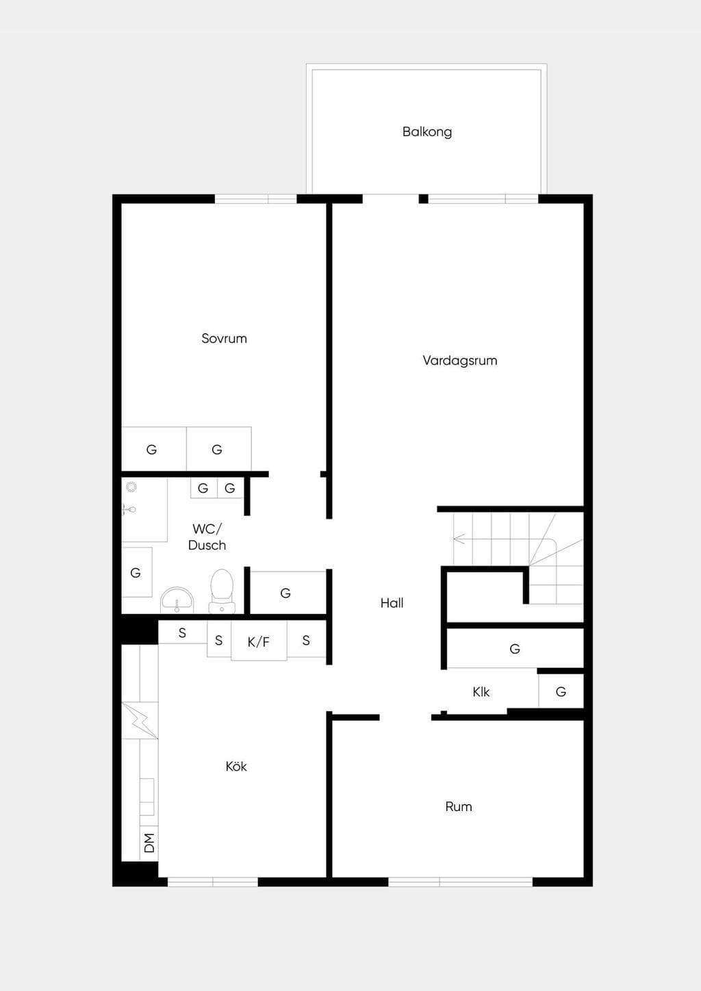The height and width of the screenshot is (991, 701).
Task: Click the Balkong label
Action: (x=427, y=132)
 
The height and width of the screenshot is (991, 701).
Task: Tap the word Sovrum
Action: (x=224, y=339)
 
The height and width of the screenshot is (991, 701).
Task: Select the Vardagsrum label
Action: (x=460, y=361)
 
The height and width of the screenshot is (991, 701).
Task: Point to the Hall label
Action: (x=392, y=603)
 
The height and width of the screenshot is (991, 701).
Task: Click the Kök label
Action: (x=236, y=767)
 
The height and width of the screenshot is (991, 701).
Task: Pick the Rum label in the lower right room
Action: (x=459, y=806)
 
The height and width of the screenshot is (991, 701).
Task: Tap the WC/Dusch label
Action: (x=207, y=537)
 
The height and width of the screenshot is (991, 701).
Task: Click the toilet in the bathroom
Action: (x=222, y=591)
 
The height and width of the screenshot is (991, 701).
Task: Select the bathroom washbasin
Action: (x=177, y=600)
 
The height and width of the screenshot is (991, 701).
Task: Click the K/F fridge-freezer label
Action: (x=259, y=641)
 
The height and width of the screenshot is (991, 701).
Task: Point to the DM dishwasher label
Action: (x=150, y=842)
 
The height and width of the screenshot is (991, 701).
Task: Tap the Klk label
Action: (x=481, y=691)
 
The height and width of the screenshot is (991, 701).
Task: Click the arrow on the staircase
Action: (x=459, y=539)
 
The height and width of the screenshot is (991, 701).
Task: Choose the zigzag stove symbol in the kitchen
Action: (x=140, y=720)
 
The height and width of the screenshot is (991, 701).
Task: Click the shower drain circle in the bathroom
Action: (x=131, y=487)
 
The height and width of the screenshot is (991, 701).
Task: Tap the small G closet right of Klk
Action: (x=561, y=691)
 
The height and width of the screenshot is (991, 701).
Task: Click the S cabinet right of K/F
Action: (x=306, y=640)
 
